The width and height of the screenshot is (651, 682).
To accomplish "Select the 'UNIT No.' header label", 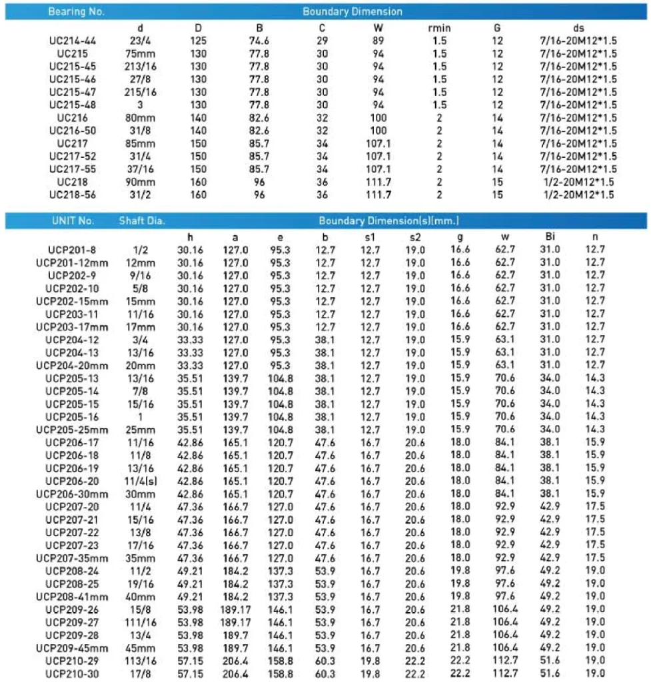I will point(73,220).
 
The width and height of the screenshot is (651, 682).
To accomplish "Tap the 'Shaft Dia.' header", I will point(142,220).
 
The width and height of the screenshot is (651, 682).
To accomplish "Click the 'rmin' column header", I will point(439,28).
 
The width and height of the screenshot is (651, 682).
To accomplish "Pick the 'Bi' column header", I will point(549,236).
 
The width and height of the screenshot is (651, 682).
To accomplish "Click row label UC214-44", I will point(73,41).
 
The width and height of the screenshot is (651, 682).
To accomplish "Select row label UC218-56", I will point(73,194).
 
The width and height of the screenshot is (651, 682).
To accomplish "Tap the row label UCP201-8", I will point(72,250).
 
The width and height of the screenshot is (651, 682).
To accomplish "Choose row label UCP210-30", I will point(72,673).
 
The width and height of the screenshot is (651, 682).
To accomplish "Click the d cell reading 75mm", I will point(141,53).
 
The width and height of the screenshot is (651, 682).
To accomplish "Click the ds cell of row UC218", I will point(578,182).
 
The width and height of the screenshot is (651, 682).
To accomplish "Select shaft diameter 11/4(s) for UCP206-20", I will point(141,481).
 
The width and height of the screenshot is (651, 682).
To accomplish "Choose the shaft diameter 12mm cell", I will point(141,262).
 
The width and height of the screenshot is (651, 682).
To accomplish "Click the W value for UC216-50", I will point(378,131).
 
